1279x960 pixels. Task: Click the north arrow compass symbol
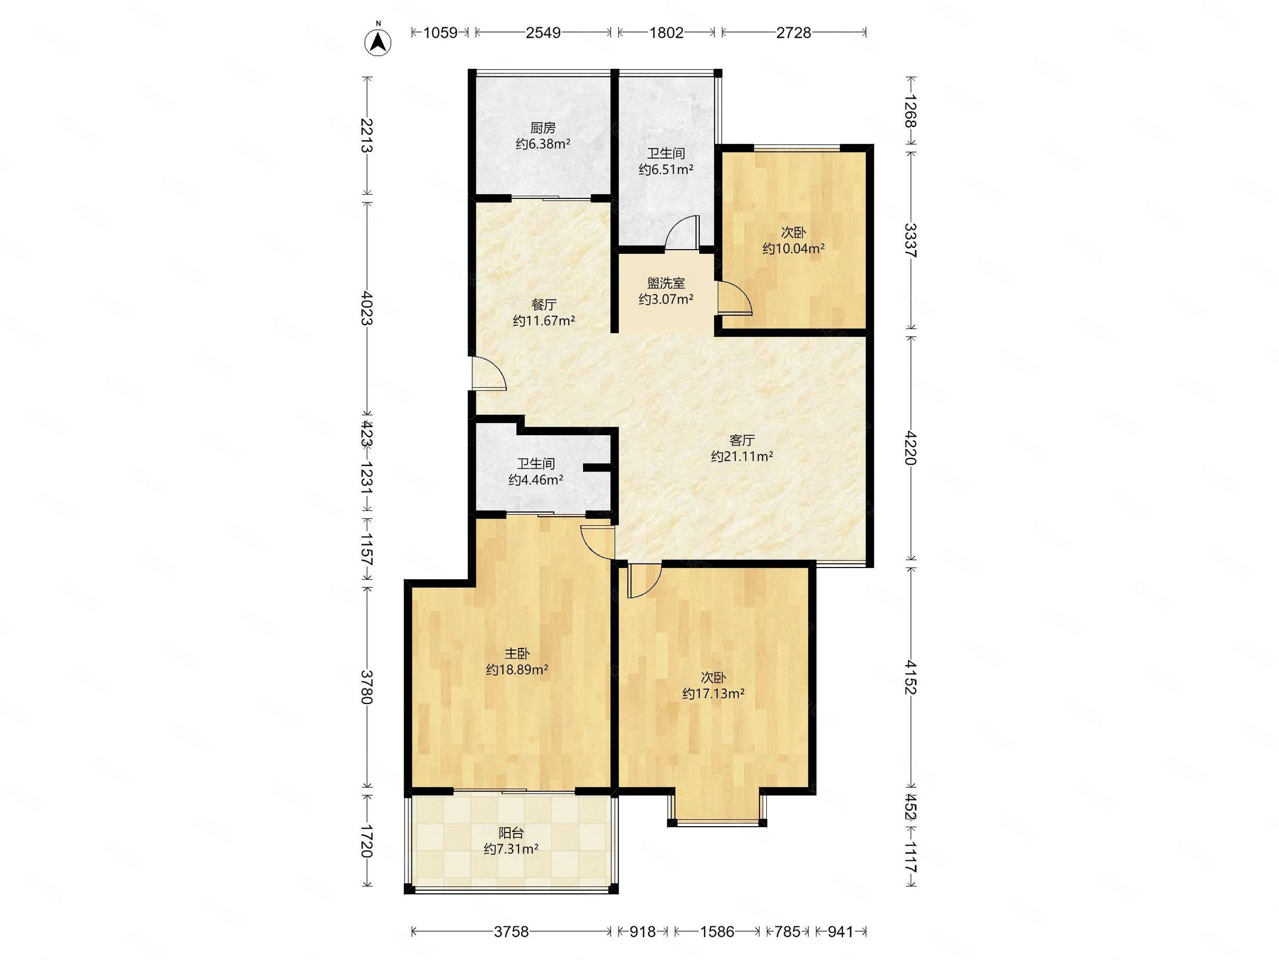coord(377,41)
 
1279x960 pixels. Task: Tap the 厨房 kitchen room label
coord(543,128)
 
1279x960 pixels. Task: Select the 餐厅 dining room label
coord(544,305)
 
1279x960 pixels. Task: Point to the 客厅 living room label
coord(742,440)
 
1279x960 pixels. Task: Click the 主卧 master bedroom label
coord(517,653)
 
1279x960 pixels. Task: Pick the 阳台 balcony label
coord(511,833)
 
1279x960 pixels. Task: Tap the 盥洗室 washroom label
coord(666,283)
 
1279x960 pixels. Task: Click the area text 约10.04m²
coord(794,249)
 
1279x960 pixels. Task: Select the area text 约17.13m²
coord(713,693)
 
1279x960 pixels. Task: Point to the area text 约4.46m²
coord(536,479)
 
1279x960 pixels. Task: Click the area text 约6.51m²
coord(666,170)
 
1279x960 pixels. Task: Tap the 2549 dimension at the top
coord(543,33)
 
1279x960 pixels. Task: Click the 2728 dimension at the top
coord(794,33)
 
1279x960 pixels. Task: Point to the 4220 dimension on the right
coord(911,448)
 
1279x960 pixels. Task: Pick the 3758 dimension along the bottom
coord(511,932)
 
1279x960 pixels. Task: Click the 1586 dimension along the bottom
coord(717,932)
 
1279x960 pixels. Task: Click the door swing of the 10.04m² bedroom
coord(734,298)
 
